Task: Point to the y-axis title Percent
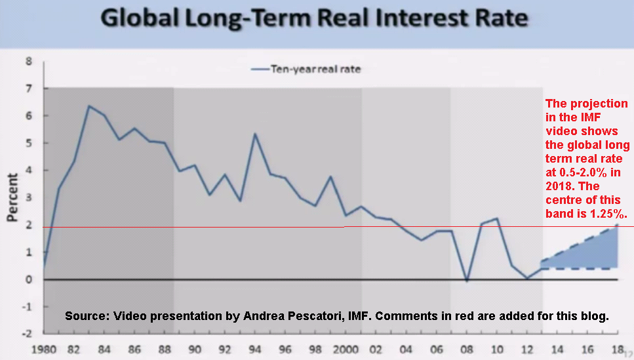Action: [12, 197]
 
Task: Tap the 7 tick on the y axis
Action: [28, 89]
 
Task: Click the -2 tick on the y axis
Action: [27, 333]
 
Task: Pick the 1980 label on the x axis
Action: [43, 348]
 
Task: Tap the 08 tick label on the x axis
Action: [466, 348]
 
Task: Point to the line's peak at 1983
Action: [89, 106]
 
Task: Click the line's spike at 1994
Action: [254, 134]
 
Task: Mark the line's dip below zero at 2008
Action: [466, 281]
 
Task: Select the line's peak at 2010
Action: [498, 218]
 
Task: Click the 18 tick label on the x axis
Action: [617, 348]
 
